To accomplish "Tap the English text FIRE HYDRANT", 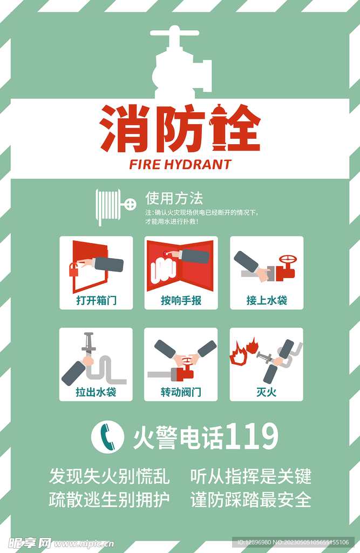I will (180, 164).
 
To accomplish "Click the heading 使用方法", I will (174, 198).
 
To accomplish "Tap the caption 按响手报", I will (181, 300).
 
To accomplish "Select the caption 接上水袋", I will (267, 300).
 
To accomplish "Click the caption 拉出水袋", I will (96, 392).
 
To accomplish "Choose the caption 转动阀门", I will (181, 392).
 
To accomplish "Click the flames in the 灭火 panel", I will (243, 350).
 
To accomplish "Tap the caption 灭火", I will (267, 392).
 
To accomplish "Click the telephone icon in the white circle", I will (107, 436).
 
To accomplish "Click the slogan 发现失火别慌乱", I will (109, 476).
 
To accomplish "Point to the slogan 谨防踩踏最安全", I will (251, 500).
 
